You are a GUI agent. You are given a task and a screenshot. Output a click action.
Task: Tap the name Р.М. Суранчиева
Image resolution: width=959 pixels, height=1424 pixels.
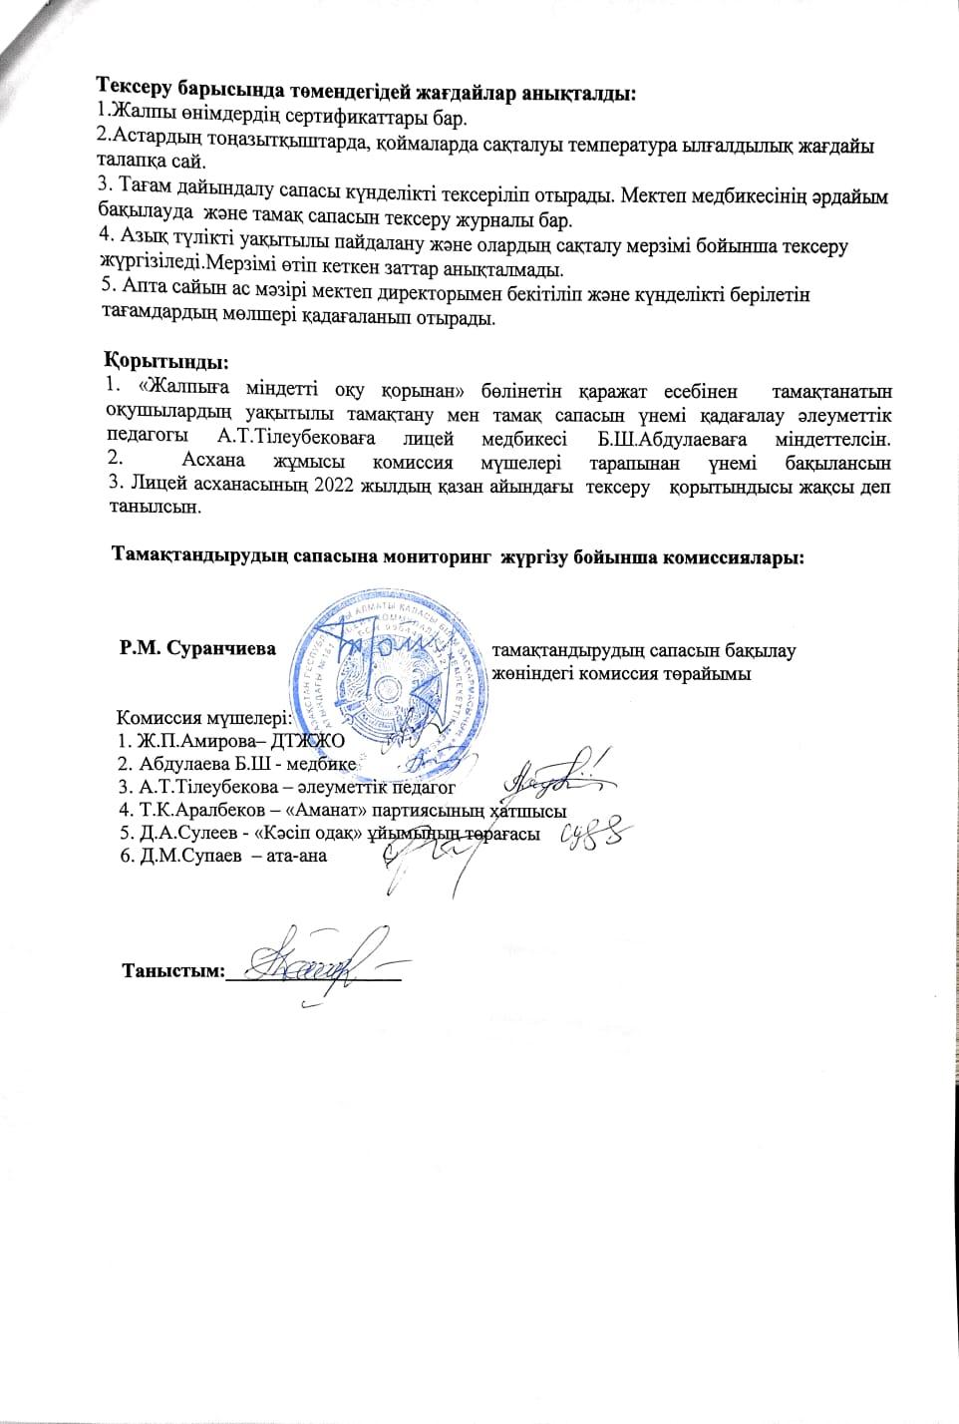(x=197, y=648)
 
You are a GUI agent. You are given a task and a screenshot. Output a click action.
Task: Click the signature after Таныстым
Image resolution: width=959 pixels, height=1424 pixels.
(x=309, y=962)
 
